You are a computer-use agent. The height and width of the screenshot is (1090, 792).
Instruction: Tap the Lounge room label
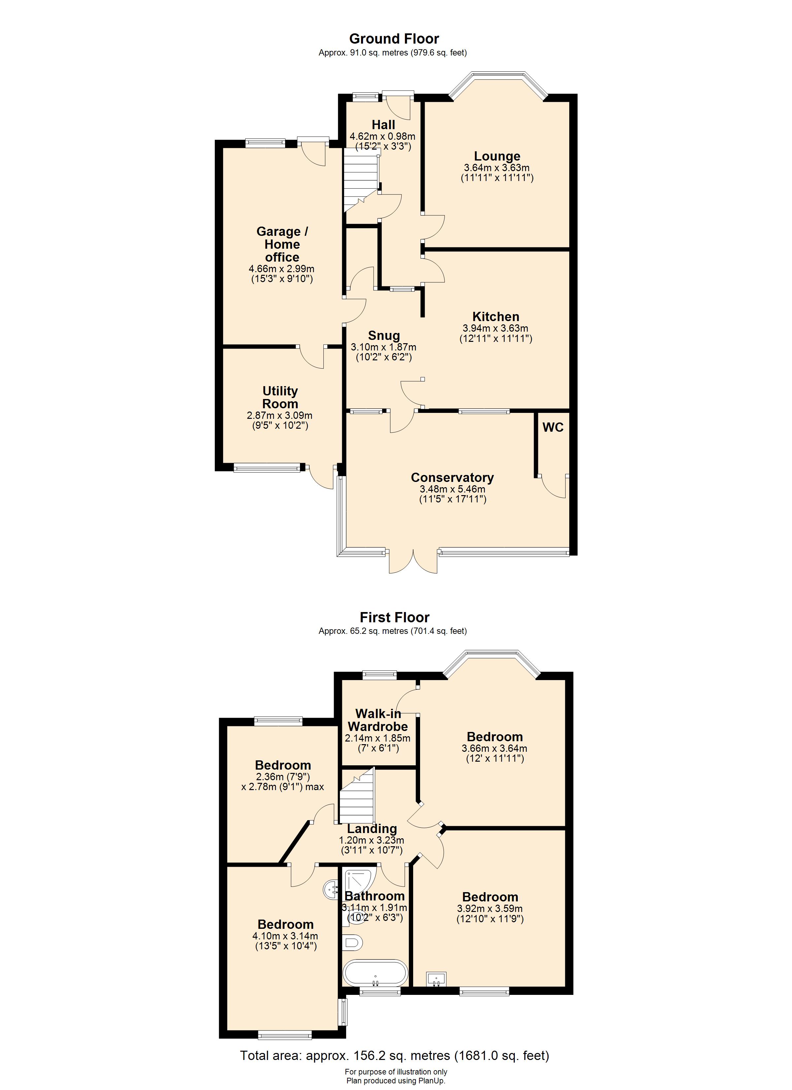coord(497,156)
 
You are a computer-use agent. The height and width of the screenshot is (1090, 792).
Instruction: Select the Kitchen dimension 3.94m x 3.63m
coord(495,329)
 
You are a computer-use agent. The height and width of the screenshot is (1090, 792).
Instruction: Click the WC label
coord(553,427)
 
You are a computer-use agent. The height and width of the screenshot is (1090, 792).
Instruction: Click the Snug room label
coord(384,336)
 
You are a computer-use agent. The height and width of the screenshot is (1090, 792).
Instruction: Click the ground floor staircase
coord(361,180)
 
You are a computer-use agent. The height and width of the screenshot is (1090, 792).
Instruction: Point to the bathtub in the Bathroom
coord(376,973)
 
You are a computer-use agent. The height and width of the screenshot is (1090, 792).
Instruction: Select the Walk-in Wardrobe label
coord(378,720)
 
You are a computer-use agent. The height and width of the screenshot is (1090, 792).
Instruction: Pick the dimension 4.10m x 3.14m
coord(285,936)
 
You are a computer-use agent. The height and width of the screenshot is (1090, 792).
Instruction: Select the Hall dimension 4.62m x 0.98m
coord(383,136)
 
